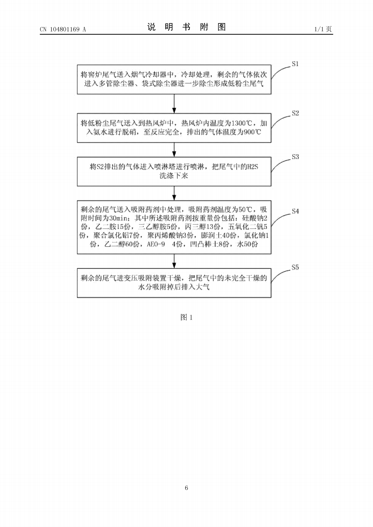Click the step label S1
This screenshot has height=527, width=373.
click(x=295, y=64)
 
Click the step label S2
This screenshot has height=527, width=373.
click(x=295, y=113)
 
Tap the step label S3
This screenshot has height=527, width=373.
click(x=295, y=157)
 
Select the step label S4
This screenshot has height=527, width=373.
click(x=295, y=211)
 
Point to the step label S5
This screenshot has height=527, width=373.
click(x=295, y=267)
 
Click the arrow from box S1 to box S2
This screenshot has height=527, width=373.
click(x=174, y=104)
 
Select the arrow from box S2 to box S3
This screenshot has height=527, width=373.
click(x=174, y=150)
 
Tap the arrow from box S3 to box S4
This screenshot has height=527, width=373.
click(x=174, y=193)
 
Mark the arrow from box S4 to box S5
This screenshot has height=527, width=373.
click(x=174, y=261)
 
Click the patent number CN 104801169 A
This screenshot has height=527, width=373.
click(x=63, y=29)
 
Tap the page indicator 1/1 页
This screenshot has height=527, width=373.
click(x=323, y=29)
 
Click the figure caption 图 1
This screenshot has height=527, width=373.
click(x=187, y=317)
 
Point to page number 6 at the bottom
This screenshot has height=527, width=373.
click(x=187, y=488)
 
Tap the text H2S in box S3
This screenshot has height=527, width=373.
click(x=252, y=167)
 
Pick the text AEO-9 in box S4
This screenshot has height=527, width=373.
click(x=156, y=244)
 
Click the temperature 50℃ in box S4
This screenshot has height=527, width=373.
click(x=245, y=209)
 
